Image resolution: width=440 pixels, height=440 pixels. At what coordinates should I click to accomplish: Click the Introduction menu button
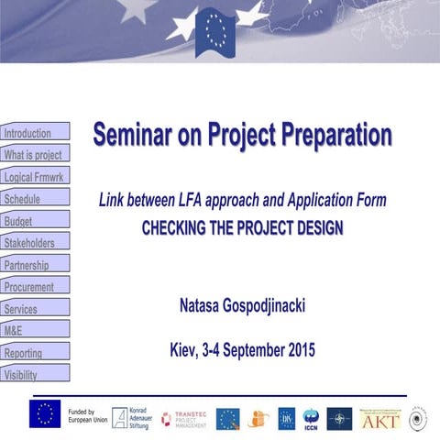[x=35, y=133]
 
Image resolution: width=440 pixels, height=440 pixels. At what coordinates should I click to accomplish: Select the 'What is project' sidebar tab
[x=35, y=155]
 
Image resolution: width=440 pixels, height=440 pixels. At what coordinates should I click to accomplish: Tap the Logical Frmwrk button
[x=35, y=177]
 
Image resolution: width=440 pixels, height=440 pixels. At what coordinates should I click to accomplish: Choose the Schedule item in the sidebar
[x=35, y=199]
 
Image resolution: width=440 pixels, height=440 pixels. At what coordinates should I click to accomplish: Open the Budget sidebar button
[x=35, y=221]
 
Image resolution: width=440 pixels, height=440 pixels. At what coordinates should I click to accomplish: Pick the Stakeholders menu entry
[x=35, y=243]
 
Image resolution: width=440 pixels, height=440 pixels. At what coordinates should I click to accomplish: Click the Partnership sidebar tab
[x=35, y=265]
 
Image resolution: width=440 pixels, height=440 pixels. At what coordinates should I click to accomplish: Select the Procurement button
[x=35, y=287]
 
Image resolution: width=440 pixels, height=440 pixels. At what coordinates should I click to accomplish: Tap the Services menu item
[x=35, y=309]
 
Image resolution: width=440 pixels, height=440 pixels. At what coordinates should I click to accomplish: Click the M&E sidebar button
[x=35, y=331]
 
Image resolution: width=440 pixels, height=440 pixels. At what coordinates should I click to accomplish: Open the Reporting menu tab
[x=35, y=353]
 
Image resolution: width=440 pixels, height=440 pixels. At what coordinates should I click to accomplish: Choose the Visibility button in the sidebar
[x=35, y=374]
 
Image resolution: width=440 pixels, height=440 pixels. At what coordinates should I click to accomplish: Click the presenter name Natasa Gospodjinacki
[x=243, y=306]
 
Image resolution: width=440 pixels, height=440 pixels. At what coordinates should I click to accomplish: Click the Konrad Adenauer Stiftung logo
[x=130, y=418]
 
